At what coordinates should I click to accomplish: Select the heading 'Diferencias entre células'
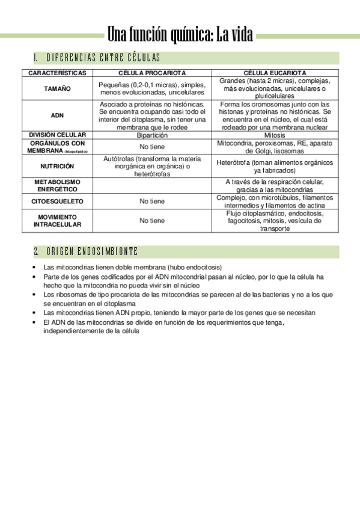tap(102, 58)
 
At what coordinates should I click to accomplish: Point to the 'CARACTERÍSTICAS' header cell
tap(57, 73)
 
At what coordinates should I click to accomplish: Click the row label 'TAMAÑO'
tap(57, 88)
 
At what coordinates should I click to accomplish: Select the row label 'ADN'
tap(57, 115)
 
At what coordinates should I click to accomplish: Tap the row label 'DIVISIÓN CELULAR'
tap(57, 135)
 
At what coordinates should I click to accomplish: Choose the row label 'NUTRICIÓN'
tap(57, 166)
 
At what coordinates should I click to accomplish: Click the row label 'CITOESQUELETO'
tap(57, 201)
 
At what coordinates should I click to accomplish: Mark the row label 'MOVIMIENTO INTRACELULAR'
tap(57, 220)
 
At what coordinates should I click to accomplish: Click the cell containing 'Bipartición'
tap(151, 135)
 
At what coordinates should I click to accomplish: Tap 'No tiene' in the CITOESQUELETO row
tap(151, 201)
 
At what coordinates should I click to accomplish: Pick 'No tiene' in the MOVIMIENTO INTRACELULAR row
tap(151, 221)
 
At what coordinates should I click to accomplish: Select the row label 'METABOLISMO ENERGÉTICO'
tap(57, 185)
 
